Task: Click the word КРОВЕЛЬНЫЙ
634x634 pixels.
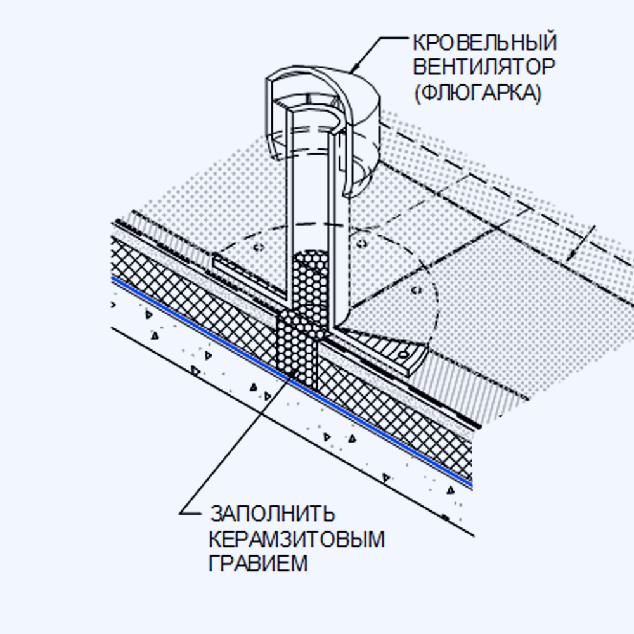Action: pyautogui.click(x=484, y=42)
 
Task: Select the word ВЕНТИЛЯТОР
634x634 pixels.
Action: pyautogui.click(x=484, y=67)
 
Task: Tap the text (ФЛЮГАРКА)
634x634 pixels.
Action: pyautogui.click(x=477, y=93)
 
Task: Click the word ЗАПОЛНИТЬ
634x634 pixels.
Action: pyautogui.click(x=273, y=514)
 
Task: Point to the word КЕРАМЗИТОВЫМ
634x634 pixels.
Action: pyautogui.click(x=297, y=539)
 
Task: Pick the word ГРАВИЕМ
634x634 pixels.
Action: pyautogui.click(x=258, y=563)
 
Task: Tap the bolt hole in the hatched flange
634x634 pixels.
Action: pyautogui.click(x=403, y=355)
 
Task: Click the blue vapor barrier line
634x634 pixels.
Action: pyautogui.click(x=292, y=380)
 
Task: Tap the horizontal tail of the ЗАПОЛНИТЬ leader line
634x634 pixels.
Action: pyautogui.click(x=190, y=514)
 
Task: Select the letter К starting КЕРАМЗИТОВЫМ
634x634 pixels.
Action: pyautogui.click(x=216, y=539)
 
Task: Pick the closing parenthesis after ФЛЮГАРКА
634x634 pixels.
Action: pyautogui.click(x=538, y=93)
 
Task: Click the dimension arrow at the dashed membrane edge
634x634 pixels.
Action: pyautogui.click(x=581, y=243)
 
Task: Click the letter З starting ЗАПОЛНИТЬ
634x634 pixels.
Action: pyautogui.click(x=217, y=514)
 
